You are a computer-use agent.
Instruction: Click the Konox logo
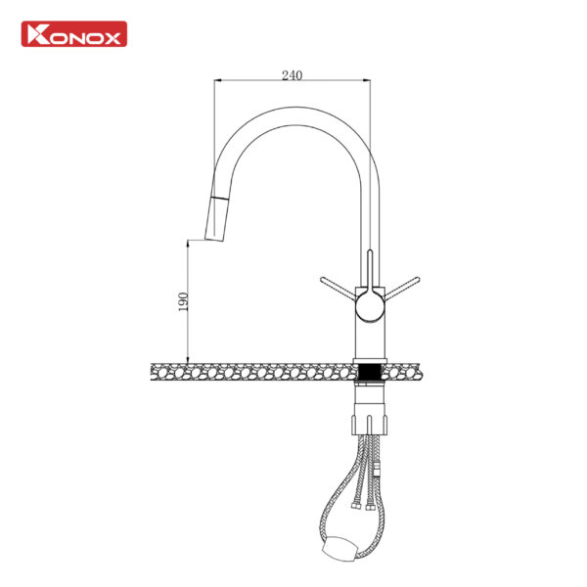point(74,34)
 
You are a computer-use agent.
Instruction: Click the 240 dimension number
point(292,75)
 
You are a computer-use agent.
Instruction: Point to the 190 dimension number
point(183,301)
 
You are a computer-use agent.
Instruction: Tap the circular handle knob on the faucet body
point(370,307)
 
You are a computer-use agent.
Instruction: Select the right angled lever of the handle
point(402,288)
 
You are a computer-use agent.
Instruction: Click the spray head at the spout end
point(217,219)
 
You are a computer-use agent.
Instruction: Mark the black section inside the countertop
point(370,372)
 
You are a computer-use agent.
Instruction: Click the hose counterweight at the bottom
point(339,549)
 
